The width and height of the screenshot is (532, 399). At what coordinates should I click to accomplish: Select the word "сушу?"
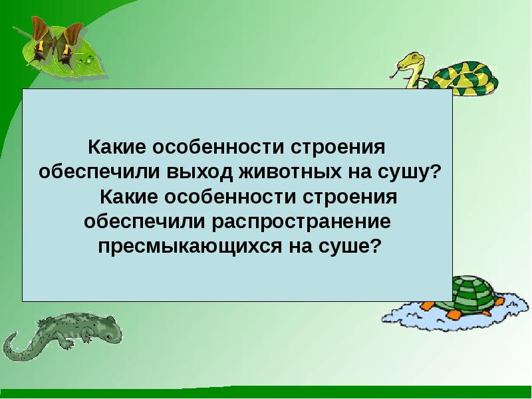pos(409,171)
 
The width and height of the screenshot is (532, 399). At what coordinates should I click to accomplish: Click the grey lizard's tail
pos(13,349)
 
